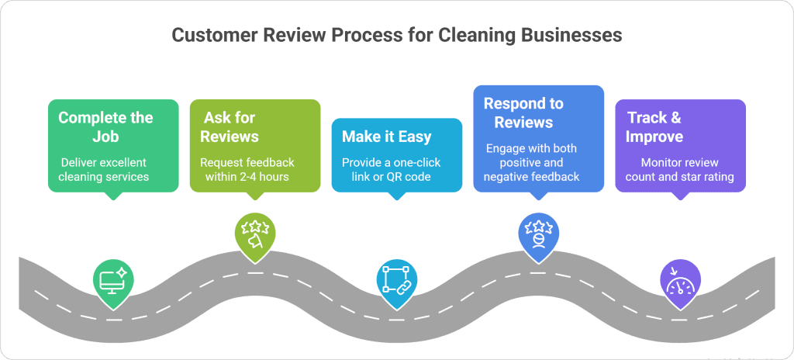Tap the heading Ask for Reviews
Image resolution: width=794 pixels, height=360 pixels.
coord(229,127)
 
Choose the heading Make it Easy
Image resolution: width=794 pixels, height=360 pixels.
coord(386,137)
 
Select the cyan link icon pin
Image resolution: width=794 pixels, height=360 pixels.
coord(397,279)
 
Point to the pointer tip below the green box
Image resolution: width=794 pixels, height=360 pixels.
coord(113,197)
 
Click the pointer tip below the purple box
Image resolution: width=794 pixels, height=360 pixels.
coord(680,196)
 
